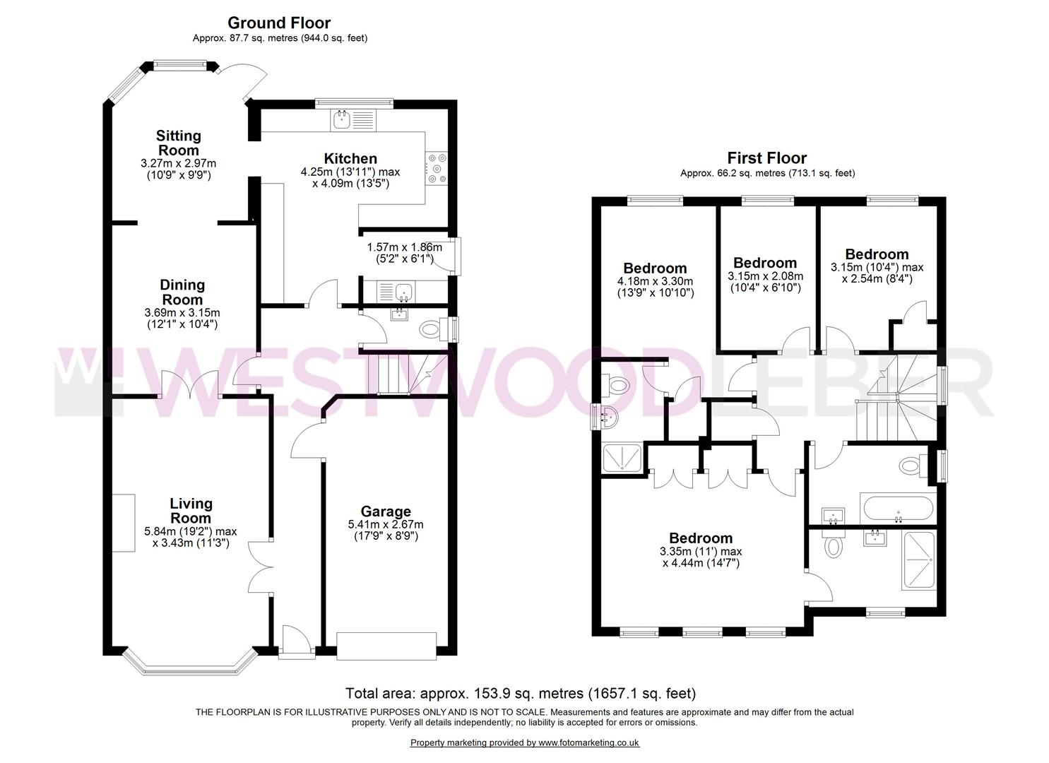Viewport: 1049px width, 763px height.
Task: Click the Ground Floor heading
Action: [279, 23]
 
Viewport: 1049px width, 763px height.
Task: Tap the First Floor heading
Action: [766, 158]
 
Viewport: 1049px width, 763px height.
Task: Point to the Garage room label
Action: [386, 511]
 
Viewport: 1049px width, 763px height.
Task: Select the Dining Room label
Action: [182, 292]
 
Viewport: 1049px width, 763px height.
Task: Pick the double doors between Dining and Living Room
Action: [191, 386]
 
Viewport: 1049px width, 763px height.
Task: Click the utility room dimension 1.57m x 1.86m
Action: [404, 247]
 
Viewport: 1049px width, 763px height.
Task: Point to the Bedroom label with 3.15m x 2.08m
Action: [765, 263]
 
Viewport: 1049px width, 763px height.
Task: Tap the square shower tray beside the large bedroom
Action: [622, 458]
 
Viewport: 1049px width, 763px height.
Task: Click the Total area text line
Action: [520, 694]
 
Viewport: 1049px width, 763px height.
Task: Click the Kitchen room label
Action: [350, 158]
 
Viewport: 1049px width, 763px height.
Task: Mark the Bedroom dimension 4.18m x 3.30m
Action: [655, 281]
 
